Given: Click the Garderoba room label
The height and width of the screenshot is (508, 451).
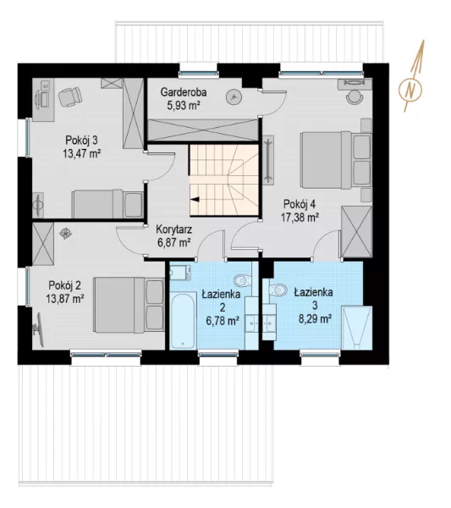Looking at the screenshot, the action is click(x=184, y=92).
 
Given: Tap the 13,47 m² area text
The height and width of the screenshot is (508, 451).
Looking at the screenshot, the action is click(x=81, y=153).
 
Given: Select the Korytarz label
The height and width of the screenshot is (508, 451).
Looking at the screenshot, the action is click(x=173, y=229).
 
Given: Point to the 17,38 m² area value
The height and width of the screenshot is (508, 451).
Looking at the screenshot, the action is click(x=300, y=218).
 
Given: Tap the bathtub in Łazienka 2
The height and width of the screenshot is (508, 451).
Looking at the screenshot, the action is click(x=183, y=320).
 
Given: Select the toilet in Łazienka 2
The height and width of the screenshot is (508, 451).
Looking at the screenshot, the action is click(x=242, y=280).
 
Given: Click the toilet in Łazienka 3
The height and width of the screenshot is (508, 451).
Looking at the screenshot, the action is click(x=278, y=290).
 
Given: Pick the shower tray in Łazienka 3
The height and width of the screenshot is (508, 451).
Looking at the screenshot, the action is click(x=356, y=328).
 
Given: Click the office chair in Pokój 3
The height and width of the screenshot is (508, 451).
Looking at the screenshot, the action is click(x=70, y=96).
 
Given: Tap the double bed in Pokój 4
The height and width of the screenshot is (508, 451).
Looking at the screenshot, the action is click(x=336, y=160).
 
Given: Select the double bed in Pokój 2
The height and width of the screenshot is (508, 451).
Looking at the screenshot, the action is click(x=129, y=305).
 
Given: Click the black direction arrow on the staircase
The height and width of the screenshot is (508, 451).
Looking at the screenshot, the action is click(x=195, y=200).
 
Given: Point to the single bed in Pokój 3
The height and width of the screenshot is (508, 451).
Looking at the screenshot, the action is click(x=107, y=204).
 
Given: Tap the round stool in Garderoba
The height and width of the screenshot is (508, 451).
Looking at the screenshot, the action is click(x=234, y=97).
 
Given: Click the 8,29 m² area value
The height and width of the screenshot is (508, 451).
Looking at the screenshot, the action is click(x=315, y=319).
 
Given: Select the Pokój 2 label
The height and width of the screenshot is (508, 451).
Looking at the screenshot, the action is click(x=65, y=285).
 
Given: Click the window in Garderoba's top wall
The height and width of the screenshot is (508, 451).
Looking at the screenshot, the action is click(x=198, y=73).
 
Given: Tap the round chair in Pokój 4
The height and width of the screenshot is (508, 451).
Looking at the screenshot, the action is click(x=354, y=97).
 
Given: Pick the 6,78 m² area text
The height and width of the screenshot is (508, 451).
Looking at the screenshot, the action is click(x=223, y=321).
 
